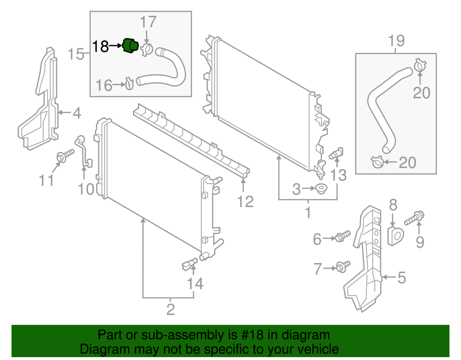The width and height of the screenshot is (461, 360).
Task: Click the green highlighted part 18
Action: click(130, 47)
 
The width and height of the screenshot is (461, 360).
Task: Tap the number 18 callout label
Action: click(101, 47)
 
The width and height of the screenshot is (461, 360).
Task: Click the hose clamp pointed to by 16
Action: click(129, 85)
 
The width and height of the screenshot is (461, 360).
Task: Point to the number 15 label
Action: click(76, 54)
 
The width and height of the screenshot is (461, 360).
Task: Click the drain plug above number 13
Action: click(337, 153)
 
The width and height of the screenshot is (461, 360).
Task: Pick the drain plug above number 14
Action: click(189, 263)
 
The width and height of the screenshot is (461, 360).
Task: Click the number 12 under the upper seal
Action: click(245, 201)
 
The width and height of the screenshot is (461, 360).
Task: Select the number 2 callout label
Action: click(170, 309)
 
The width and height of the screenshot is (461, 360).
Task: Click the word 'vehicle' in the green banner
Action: click(315, 349)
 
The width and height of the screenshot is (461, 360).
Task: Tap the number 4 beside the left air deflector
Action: click(76, 113)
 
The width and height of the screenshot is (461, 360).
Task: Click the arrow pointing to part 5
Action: click(388, 277)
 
